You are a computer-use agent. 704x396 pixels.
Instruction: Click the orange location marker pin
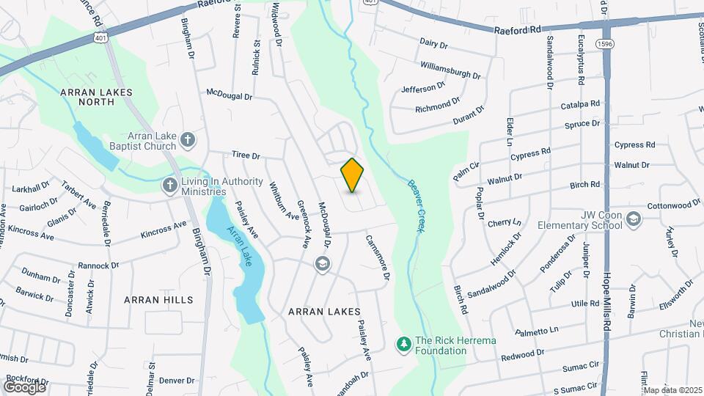click(x=353, y=175)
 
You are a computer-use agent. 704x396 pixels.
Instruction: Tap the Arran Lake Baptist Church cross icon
click(x=188, y=139)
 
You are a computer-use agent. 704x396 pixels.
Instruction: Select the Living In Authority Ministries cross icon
click(x=170, y=185)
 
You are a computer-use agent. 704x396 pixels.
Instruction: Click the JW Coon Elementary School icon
click(x=634, y=218)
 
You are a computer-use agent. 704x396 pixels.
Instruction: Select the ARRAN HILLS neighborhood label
click(x=158, y=300)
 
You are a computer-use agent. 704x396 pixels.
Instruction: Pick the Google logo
click(x=24, y=386)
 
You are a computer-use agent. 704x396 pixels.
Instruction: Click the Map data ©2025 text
click(x=672, y=390)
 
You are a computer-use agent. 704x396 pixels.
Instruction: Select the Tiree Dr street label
click(x=246, y=155)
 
